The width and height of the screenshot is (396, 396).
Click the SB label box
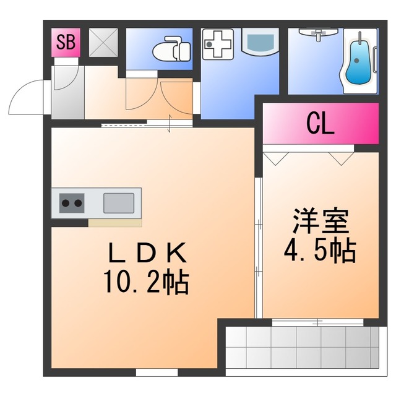(65, 43)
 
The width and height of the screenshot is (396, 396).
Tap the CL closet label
(321, 124)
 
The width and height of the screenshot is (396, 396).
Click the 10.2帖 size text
(146, 282)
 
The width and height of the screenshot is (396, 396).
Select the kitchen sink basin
(118, 202)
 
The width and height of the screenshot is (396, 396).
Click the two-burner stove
(71, 202)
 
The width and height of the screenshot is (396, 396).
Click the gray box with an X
(101, 43)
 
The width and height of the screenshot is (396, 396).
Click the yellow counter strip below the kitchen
(114, 223)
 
